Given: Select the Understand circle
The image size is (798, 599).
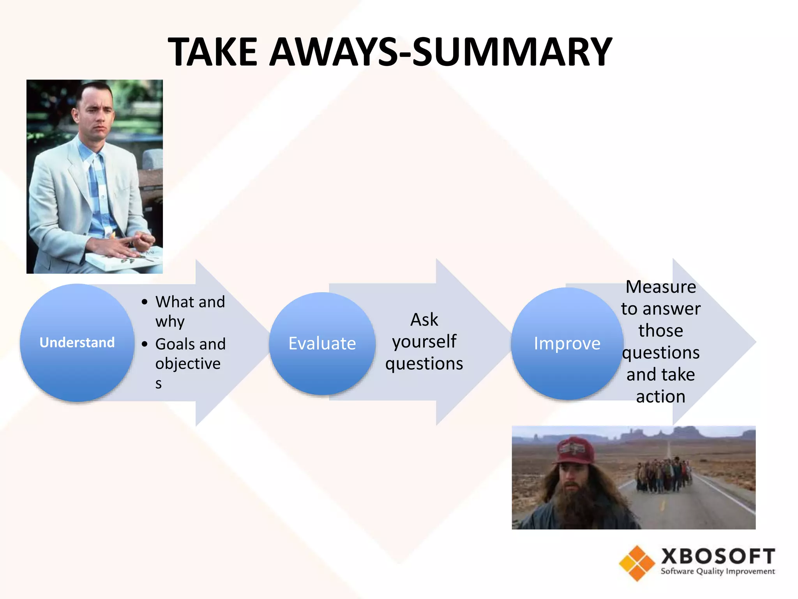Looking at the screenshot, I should coord(77,342).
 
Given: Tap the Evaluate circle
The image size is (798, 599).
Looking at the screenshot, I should coord(322,344).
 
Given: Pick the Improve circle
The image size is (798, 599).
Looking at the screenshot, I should coord(567,344).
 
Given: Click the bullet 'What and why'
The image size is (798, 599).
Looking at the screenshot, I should coord(189,311).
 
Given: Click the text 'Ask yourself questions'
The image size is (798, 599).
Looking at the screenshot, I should coord(424,341).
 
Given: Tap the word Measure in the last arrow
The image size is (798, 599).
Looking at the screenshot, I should coord(660,287).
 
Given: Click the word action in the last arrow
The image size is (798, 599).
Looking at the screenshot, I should coord(660,397).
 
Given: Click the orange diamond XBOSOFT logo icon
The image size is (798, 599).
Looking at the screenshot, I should coord(637,563).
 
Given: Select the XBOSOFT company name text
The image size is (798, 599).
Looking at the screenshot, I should coord(718,556).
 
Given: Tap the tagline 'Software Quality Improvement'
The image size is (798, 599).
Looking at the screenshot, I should coord(717,571).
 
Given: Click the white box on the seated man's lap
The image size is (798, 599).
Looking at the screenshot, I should coord(125,257).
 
